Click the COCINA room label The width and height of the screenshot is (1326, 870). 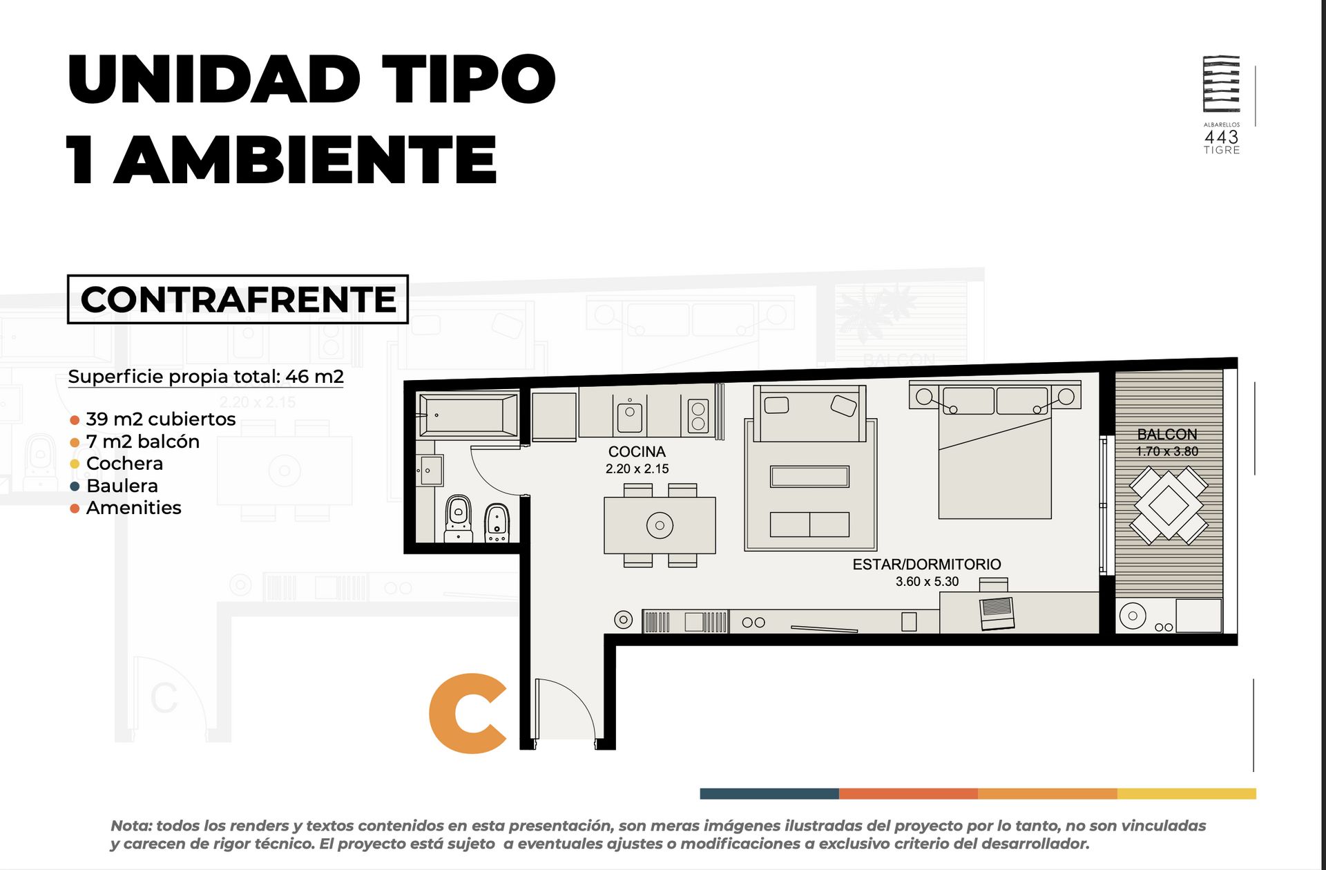coord(637,452)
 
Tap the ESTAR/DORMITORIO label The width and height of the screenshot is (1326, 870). coord(927,565)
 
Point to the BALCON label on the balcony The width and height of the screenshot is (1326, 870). coord(1167,435)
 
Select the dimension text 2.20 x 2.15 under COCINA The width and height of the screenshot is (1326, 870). coord(637,469)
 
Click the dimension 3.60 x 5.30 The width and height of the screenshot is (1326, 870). coord(927,582)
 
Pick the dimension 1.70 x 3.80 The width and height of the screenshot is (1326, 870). coord(1167,452)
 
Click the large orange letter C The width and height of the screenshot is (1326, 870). coord(468,713)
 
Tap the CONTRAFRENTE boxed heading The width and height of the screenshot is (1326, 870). coord(238,299)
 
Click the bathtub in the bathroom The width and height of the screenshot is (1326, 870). coord(468,415)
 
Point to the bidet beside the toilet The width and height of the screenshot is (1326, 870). coord(497,523)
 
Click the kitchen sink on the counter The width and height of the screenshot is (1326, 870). coord(629,416)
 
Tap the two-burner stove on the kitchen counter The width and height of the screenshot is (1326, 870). coord(698,415)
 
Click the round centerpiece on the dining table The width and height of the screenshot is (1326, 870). coord(660,525)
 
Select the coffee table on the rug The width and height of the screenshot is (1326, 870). coord(809,477)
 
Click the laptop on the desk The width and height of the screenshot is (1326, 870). coord(997,613)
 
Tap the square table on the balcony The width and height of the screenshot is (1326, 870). coord(1168,504)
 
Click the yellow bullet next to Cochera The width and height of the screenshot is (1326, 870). coord(75,464)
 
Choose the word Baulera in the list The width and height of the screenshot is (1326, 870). coord(122,486)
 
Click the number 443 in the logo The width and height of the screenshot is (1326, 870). coord(1221,137)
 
